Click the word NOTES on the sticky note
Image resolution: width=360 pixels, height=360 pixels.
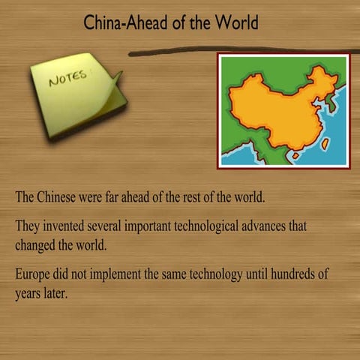pyautogui.click(x=68, y=77)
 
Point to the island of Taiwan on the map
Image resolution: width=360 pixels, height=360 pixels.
pyautogui.click(x=325, y=143)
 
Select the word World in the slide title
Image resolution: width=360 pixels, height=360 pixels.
pyautogui.click(x=235, y=23)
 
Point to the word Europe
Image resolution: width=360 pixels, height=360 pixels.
pyautogui.click(x=34, y=274)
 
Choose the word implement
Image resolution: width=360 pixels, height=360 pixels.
pyautogui.click(x=122, y=274)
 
